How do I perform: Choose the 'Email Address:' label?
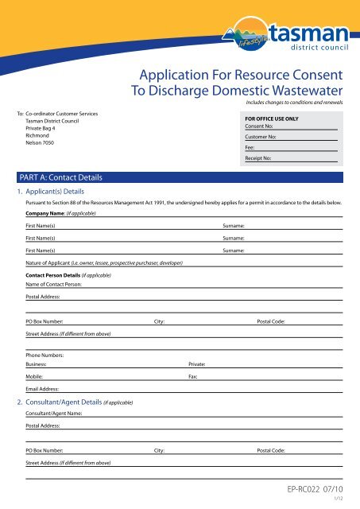click(44, 391)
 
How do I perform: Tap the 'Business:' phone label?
click(37, 363)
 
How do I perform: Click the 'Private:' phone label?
click(196, 363)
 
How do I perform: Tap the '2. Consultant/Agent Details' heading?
click(75, 402)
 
